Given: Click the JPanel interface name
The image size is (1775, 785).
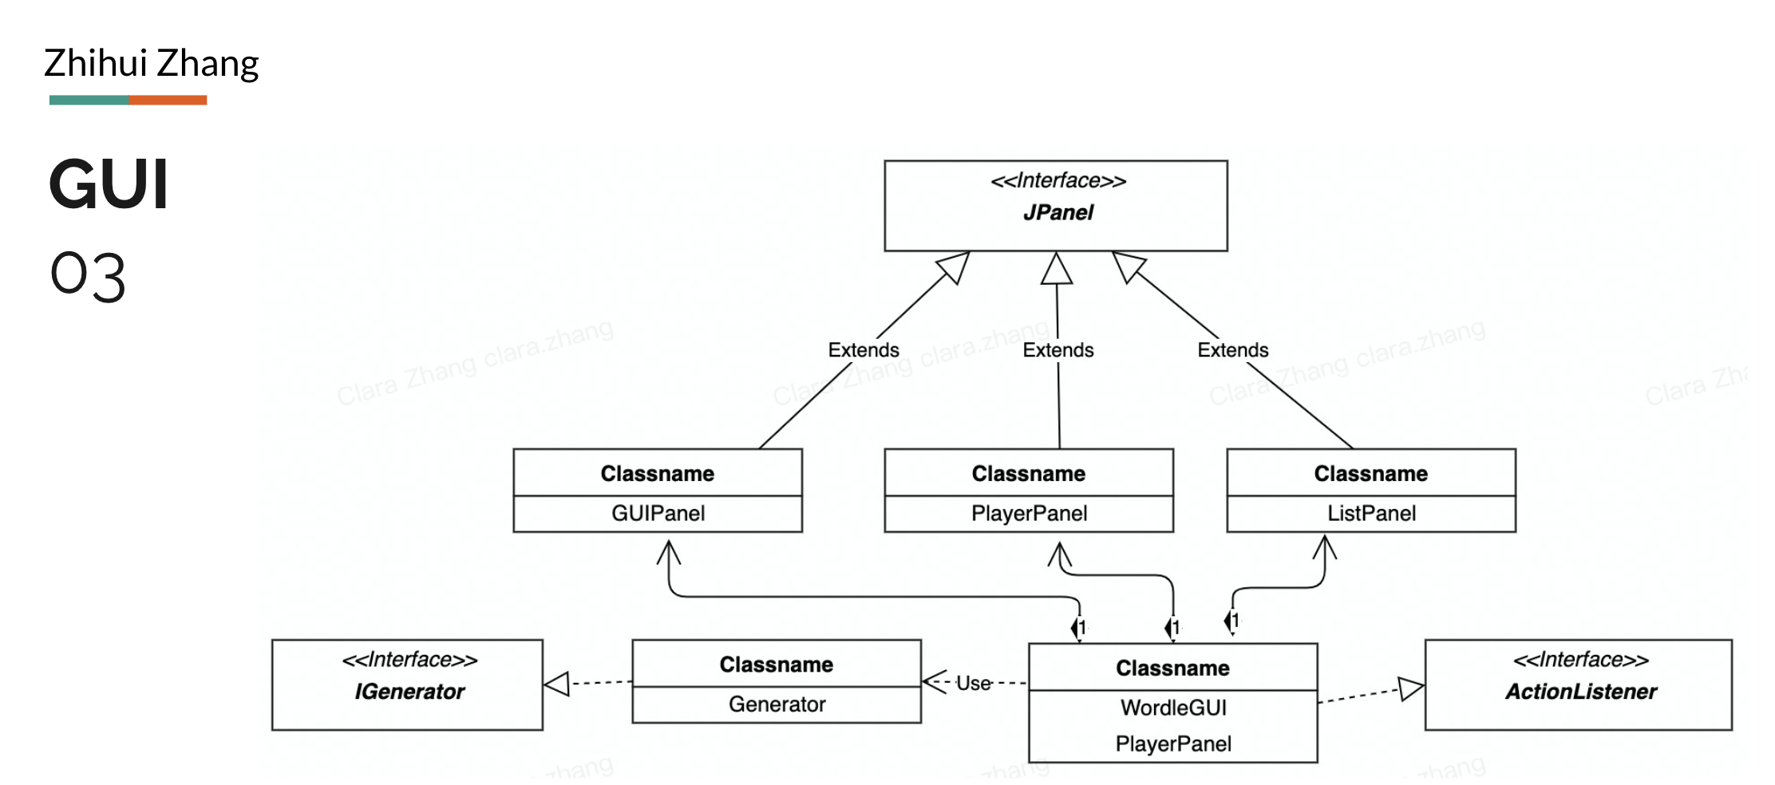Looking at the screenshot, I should (x=1057, y=212).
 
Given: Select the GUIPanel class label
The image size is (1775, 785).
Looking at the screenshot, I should (x=658, y=513).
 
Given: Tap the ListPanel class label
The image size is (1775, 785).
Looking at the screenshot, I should (x=1371, y=513).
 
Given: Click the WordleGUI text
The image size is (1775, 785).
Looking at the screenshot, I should (x=1173, y=708).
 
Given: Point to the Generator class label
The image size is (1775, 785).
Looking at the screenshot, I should (x=777, y=704).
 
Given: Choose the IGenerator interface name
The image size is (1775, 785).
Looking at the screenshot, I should (x=409, y=692).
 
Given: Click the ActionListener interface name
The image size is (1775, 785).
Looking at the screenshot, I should (x=1581, y=692).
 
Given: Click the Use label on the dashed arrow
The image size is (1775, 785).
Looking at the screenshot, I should (x=974, y=684).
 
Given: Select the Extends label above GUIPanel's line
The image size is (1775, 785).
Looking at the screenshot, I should (x=863, y=350).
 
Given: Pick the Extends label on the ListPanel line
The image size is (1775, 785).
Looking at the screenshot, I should (x=1232, y=350).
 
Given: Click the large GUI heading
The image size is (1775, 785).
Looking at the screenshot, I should (x=109, y=185).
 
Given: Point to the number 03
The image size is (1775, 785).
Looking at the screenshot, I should (x=88, y=277).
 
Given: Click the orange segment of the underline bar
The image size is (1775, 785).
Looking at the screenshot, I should (x=168, y=100).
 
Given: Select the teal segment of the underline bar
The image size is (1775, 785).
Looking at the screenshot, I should (x=89, y=100).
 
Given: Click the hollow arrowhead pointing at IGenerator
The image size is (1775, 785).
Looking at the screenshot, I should (x=557, y=684).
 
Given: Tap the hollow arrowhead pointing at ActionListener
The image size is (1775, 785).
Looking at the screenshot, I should (x=1410, y=689).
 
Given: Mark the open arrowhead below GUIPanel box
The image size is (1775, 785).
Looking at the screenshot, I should (x=669, y=551).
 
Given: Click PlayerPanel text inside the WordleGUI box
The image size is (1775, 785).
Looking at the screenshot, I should (x=1173, y=744).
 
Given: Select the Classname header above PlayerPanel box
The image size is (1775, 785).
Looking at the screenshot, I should (x=1028, y=474).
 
